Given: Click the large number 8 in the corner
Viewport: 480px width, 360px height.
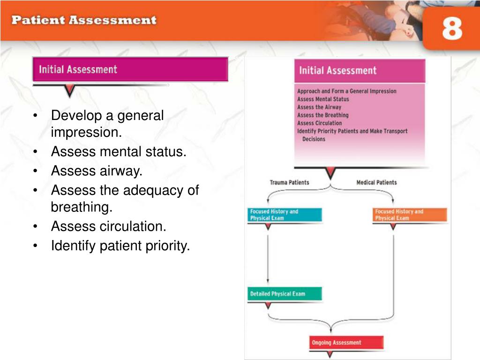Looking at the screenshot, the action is click(x=452, y=28).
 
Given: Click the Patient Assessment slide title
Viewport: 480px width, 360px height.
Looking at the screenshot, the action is click(x=84, y=20).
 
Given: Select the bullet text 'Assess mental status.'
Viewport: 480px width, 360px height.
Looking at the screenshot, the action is click(x=119, y=151).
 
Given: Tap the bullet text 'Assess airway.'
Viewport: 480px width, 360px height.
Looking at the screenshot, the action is click(x=97, y=171).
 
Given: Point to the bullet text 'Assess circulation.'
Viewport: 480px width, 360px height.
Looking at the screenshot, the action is click(x=109, y=226).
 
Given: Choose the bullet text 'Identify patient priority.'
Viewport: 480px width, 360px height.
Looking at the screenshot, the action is click(x=120, y=246).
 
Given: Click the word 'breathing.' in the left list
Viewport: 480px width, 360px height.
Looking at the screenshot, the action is click(x=82, y=207).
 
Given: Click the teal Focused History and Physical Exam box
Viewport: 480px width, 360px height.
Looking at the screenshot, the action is click(x=285, y=215).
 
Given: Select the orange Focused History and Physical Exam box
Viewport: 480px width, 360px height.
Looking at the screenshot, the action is click(x=410, y=215).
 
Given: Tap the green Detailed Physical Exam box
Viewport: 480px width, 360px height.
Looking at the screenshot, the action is click(x=285, y=294).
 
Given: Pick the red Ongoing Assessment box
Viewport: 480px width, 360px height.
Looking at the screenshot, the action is click(x=346, y=343).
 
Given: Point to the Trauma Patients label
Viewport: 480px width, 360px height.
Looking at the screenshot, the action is click(x=289, y=182).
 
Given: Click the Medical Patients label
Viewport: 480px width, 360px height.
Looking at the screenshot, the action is click(x=376, y=182).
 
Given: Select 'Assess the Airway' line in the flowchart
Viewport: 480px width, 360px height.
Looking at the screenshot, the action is click(x=319, y=107).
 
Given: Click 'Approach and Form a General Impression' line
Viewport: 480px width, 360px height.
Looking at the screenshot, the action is click(x=347, y=91).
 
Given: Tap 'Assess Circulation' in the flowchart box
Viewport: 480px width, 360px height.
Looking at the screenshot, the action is click(x=320, y=123).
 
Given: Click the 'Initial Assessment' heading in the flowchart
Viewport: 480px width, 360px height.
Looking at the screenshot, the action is click(x=337, y=70).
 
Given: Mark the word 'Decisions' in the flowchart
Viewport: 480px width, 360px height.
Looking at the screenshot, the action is click(x=314, y=139).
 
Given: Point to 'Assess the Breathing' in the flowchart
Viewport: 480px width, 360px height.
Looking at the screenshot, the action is click(x=323, y=115).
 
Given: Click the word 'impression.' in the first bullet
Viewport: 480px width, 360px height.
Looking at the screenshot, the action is click(x=86, y=132).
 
